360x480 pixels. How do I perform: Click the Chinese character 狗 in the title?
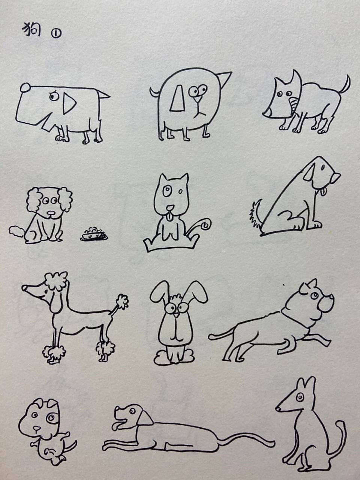click(x=32, y=30)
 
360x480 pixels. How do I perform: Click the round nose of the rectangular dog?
click(x=25, y=88)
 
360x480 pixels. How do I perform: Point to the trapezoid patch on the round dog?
click(x=177, y=99)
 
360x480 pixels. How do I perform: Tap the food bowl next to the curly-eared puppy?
click(x=93, y=235)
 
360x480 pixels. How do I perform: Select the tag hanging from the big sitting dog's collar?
click(x=322, y=192)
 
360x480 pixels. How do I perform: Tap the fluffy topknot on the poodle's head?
click(x=56, y=280)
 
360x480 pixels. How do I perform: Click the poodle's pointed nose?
click(x=24, y=288)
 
